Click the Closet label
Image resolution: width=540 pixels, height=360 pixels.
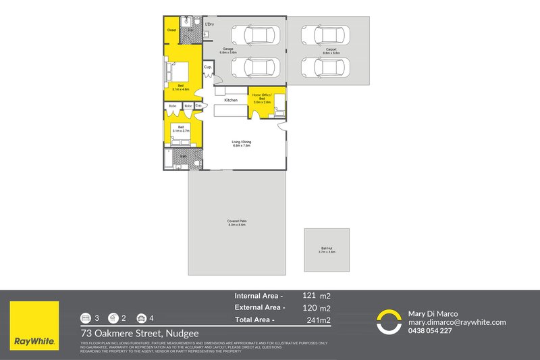point(171,30)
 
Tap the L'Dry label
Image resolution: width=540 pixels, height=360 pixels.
point(209,24)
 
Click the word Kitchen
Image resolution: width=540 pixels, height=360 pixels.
point(232,100)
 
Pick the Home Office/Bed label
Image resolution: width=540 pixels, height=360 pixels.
point(262,97)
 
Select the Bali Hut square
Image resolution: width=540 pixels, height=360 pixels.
point(327,250)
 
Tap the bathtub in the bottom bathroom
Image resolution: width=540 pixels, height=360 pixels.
point(167,160)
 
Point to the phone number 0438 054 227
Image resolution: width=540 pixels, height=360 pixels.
point(431,331)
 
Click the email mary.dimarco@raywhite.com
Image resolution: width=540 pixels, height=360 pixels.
point(457,322)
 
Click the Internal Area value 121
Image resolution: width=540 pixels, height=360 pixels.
point(310,295)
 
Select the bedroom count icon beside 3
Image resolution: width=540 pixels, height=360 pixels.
point(86,317)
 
